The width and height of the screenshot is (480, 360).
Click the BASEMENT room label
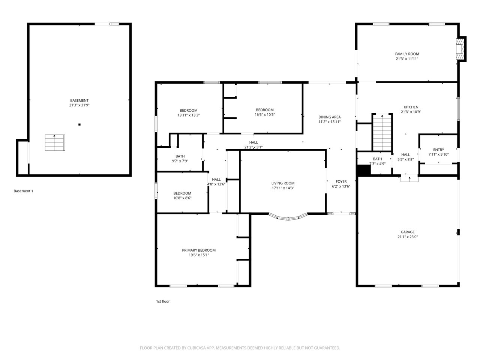79,100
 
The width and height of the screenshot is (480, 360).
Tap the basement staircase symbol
55,142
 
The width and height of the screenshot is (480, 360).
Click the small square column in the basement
79,124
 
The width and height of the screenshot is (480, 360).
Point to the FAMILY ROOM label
407,54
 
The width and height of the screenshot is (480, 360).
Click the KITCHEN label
411,107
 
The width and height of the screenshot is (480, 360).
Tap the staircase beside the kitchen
382,132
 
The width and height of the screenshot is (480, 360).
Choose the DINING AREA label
329,117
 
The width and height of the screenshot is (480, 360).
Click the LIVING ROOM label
283,183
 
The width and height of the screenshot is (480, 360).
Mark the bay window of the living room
288,218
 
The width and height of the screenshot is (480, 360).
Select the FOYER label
341,181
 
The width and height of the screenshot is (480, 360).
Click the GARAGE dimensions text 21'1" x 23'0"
407,237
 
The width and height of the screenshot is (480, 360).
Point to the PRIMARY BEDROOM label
198,250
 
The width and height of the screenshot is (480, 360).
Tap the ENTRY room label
438,150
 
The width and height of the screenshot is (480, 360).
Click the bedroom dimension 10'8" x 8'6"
182,198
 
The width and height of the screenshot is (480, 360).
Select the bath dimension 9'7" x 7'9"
180,161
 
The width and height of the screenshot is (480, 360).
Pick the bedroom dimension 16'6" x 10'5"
265,114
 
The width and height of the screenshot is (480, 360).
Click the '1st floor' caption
163,301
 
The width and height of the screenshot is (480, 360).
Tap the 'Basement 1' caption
23,191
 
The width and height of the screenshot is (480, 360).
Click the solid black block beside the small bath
364,170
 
